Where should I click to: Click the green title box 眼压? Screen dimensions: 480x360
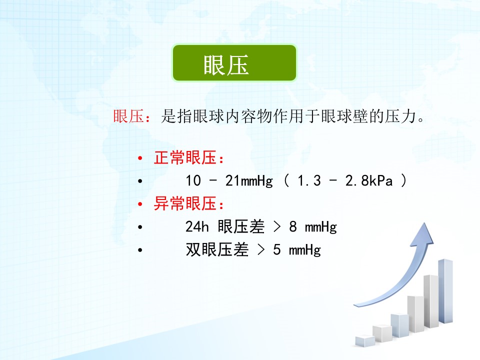pyautogui.click(x=234, y=63)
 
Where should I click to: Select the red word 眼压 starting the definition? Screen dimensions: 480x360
pyautogui.click(x=128, y=116)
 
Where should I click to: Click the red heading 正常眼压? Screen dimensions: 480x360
pyautogui.click(x=185, y=158)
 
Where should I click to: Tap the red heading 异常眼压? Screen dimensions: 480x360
pyautogui.click(x=185, y=203)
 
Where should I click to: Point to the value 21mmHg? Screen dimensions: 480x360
pyautogui.click(x=249, y=181)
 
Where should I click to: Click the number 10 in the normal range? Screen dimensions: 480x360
pyautogui.click(x=193, y=180)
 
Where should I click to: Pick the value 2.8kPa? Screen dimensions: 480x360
pyautogui.click(x=369, y=180)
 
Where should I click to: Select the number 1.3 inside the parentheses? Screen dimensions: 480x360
pyautogui.click(x=309, y=180)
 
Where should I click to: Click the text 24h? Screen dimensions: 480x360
pyautogui.click(x=197, y=227)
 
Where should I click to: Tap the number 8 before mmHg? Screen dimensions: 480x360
pyautogui.click(x=293, y=227)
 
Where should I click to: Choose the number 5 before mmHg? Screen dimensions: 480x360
pyautogui.click(x=276, y=250)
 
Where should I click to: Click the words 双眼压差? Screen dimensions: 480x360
pyautogui.click(x=217, y=250)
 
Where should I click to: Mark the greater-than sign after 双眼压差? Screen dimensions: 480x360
pyautogui.click(x=261, y=250)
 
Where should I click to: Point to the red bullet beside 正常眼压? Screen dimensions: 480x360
pyautogui.click(x=140, y=158)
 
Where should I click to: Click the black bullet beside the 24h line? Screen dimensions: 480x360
pyautogui.click(x=140, y=227)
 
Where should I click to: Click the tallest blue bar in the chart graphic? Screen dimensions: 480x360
pyautogui.click(x=445, y=291)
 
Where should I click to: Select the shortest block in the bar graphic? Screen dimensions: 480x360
pyautogui.click(x=365, y=341)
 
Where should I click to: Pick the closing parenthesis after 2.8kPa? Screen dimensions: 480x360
pyautogui.click(x=404, y=180)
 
